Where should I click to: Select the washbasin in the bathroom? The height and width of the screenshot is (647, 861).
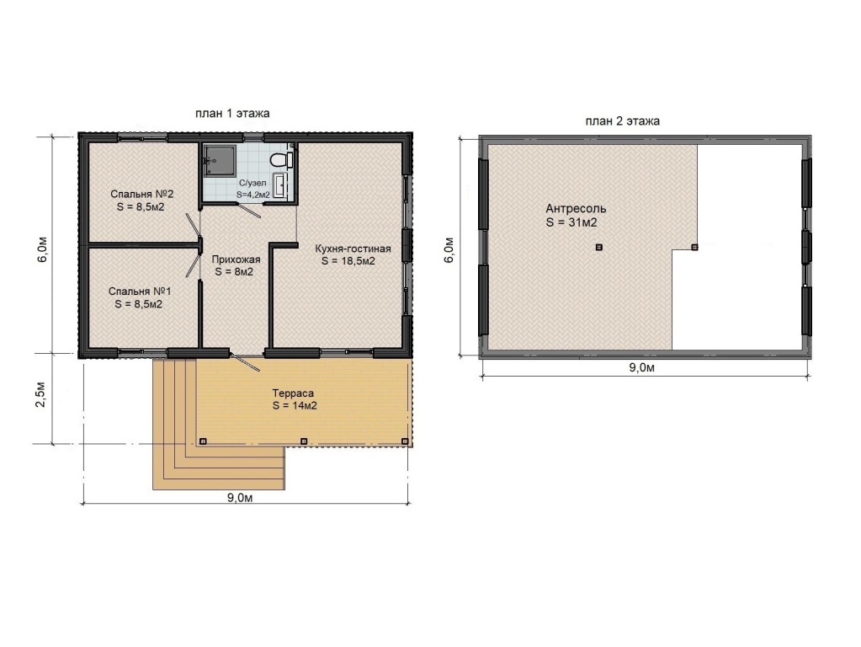280,184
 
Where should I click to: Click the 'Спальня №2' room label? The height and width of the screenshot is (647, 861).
141,194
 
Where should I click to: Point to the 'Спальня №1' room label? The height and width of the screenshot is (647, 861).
140,291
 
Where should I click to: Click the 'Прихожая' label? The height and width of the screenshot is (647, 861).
237,259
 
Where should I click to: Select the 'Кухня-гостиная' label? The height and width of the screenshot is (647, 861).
353,249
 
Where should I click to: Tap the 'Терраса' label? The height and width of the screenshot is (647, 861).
293,393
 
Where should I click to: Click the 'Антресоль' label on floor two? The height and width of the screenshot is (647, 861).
576,209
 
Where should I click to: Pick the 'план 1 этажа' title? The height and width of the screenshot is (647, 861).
232,114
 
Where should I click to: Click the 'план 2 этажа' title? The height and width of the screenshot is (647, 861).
622,121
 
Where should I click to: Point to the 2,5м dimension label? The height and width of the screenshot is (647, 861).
41,393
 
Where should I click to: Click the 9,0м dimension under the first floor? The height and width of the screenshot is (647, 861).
240,498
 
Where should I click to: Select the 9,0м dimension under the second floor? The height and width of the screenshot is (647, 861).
641,368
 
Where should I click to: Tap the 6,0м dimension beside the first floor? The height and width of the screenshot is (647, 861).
42,249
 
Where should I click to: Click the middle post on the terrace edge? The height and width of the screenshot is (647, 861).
304,441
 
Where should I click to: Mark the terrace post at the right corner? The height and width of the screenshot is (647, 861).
405,441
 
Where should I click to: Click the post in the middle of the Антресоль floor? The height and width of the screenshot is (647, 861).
599,248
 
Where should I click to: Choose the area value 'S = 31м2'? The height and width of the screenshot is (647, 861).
571,222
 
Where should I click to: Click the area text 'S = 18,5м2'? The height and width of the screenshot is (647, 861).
348,261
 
